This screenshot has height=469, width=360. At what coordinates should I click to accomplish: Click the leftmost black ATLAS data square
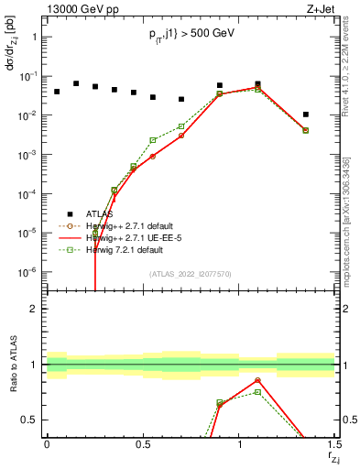point(57,92)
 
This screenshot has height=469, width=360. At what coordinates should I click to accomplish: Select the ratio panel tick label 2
point(34,309)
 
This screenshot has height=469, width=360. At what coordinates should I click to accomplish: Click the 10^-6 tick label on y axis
point(27,272)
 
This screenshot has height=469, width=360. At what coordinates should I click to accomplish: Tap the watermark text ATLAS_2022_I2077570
point(190,274)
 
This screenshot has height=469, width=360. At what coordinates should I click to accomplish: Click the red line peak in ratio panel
point(257,380)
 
